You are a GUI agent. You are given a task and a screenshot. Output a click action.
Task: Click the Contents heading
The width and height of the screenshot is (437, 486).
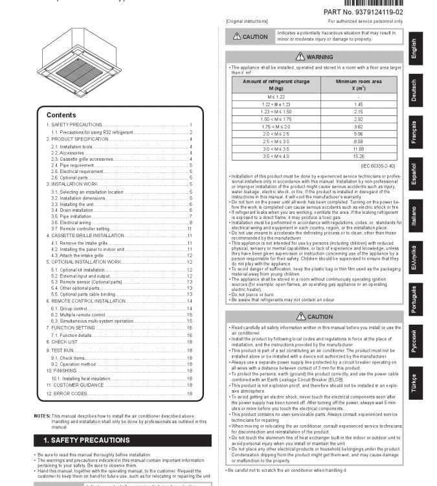tap(61, 115)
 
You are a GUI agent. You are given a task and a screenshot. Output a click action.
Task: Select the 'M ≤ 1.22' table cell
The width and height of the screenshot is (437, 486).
tap(273, 96)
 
